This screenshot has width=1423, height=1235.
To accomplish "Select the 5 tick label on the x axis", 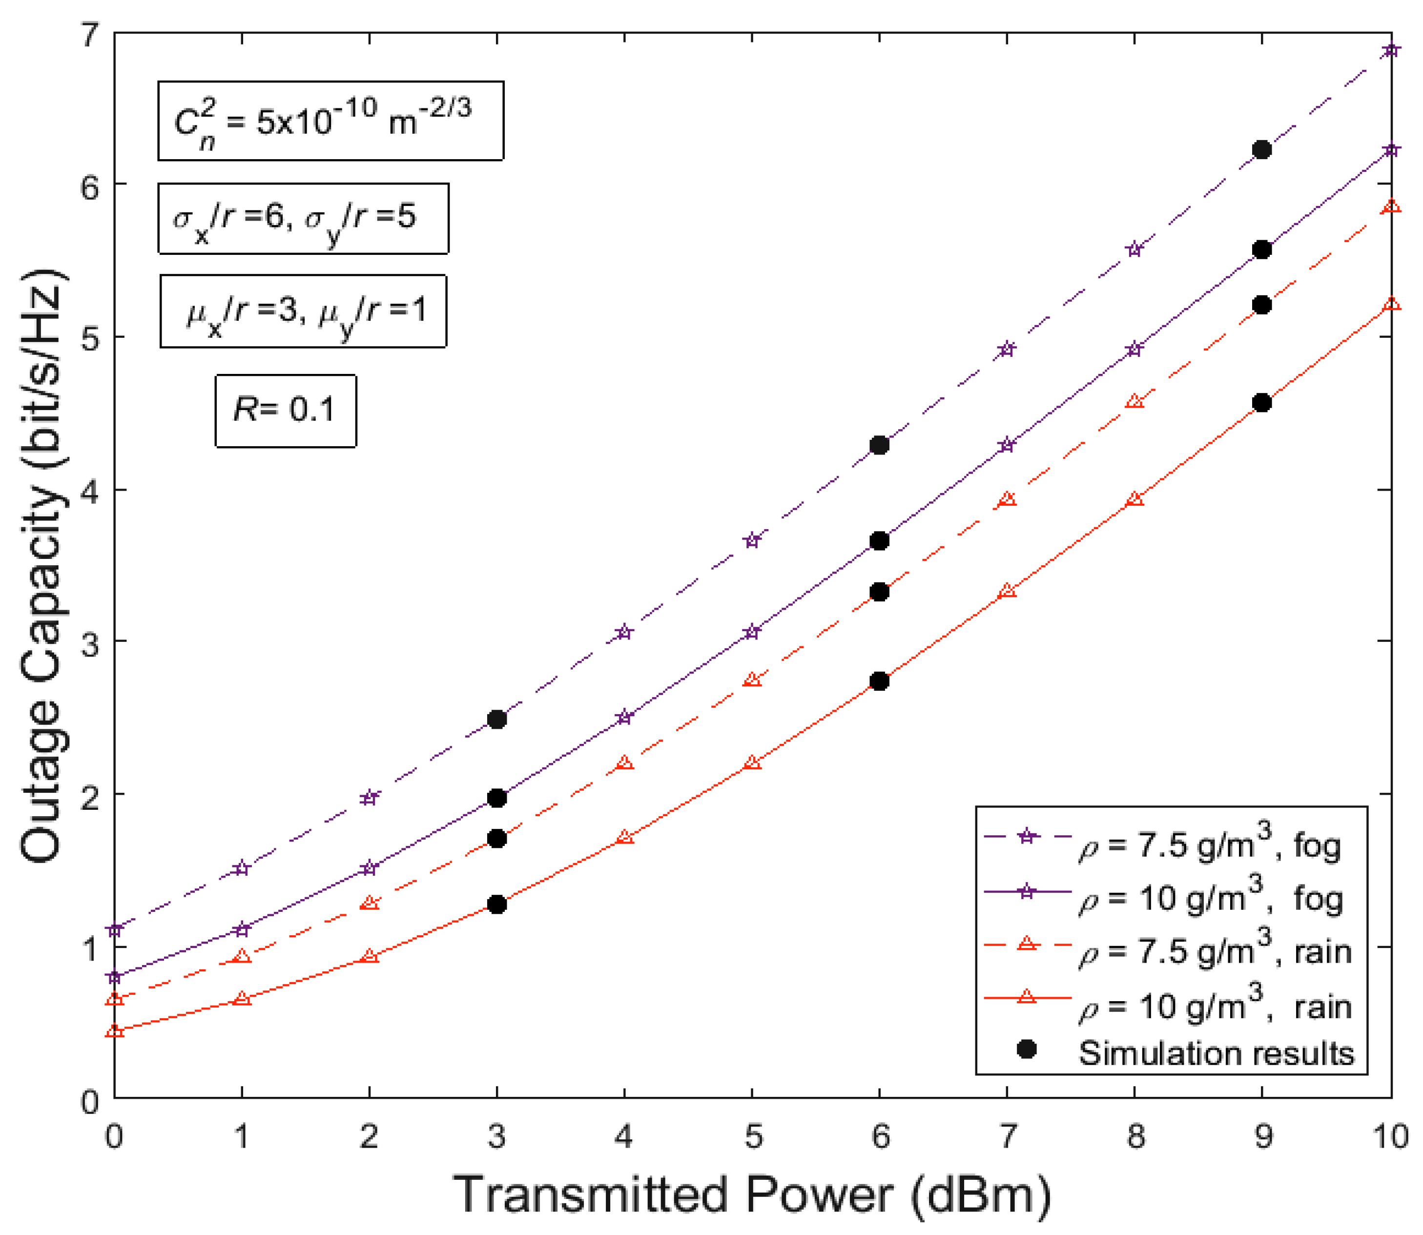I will click(x=752, y=1135).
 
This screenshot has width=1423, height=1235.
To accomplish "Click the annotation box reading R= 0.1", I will click(x=285, y=411).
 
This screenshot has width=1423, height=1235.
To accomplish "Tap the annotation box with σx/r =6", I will click(x=303, y=219).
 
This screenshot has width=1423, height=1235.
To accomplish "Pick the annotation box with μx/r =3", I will click(x=303, y=311).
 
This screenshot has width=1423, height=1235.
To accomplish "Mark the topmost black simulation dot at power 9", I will click(x=1262, y=149).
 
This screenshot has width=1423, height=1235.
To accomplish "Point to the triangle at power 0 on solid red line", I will click(x=115, y=1031).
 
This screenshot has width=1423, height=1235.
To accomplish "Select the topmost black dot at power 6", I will click(x=879, y=445).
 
